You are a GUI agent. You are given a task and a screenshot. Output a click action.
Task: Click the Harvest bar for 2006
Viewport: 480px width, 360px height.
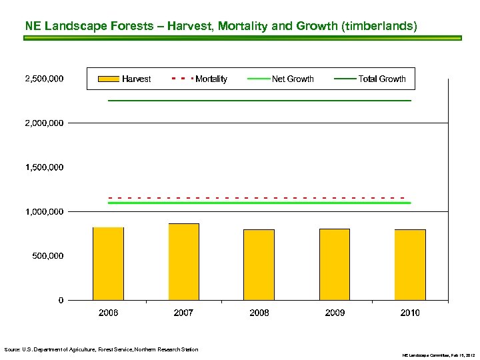click(x=108, y=263)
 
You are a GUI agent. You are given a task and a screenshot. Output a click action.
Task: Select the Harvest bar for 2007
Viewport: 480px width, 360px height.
click(x=183, y=261)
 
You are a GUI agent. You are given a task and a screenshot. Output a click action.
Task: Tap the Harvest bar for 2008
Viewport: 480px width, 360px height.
click(x=259, y=265)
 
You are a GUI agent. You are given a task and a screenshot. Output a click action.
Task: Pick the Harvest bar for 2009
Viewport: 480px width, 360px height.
click(x=335, y=264)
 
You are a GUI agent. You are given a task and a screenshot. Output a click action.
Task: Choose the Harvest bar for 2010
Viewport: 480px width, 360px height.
click(x=410, y=265)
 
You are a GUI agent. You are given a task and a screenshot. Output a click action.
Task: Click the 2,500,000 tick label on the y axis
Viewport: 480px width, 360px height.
click(x=44, y=79)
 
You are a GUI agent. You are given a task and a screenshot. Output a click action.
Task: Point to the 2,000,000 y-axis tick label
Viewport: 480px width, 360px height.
click(x=44, y=123)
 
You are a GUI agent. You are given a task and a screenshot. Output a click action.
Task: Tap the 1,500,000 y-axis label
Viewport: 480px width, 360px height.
click(x=44, y=167)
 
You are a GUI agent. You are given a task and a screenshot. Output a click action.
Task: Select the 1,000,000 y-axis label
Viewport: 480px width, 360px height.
click(x=44, y=211)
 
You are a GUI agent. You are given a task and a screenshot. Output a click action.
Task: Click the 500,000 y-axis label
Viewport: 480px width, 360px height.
click(x=48, y=256)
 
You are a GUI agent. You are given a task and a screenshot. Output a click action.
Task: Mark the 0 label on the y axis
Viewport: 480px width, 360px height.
click(x=61, y=300)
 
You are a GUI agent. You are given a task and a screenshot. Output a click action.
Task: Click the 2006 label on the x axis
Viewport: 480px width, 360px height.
click(x=108, y=313)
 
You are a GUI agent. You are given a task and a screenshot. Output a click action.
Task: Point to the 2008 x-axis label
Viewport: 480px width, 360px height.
click(x=259, y=313)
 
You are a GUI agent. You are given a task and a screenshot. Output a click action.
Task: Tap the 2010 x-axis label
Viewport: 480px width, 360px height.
click(x=410, y=313)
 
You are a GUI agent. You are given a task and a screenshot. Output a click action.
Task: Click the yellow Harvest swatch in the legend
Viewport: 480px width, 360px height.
click(x=108, y=79)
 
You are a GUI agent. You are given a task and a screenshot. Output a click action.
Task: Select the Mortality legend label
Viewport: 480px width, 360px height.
click(x=211, y=79)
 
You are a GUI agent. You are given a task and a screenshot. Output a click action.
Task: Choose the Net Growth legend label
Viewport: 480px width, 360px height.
click(x=293, y=79)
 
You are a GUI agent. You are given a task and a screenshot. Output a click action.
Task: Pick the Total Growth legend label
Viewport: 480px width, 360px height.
click(x=382, y=79)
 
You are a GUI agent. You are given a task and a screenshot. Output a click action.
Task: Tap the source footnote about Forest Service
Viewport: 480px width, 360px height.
click(x=101, y=349)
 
